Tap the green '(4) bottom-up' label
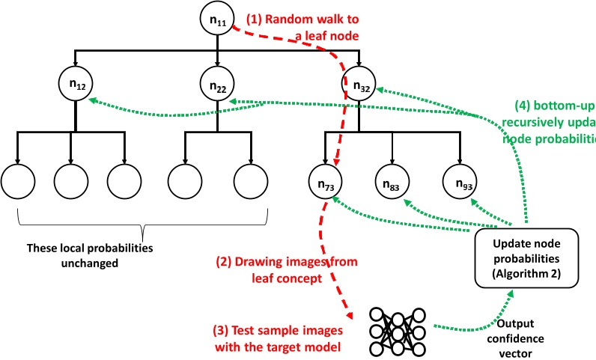click(555, 106)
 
